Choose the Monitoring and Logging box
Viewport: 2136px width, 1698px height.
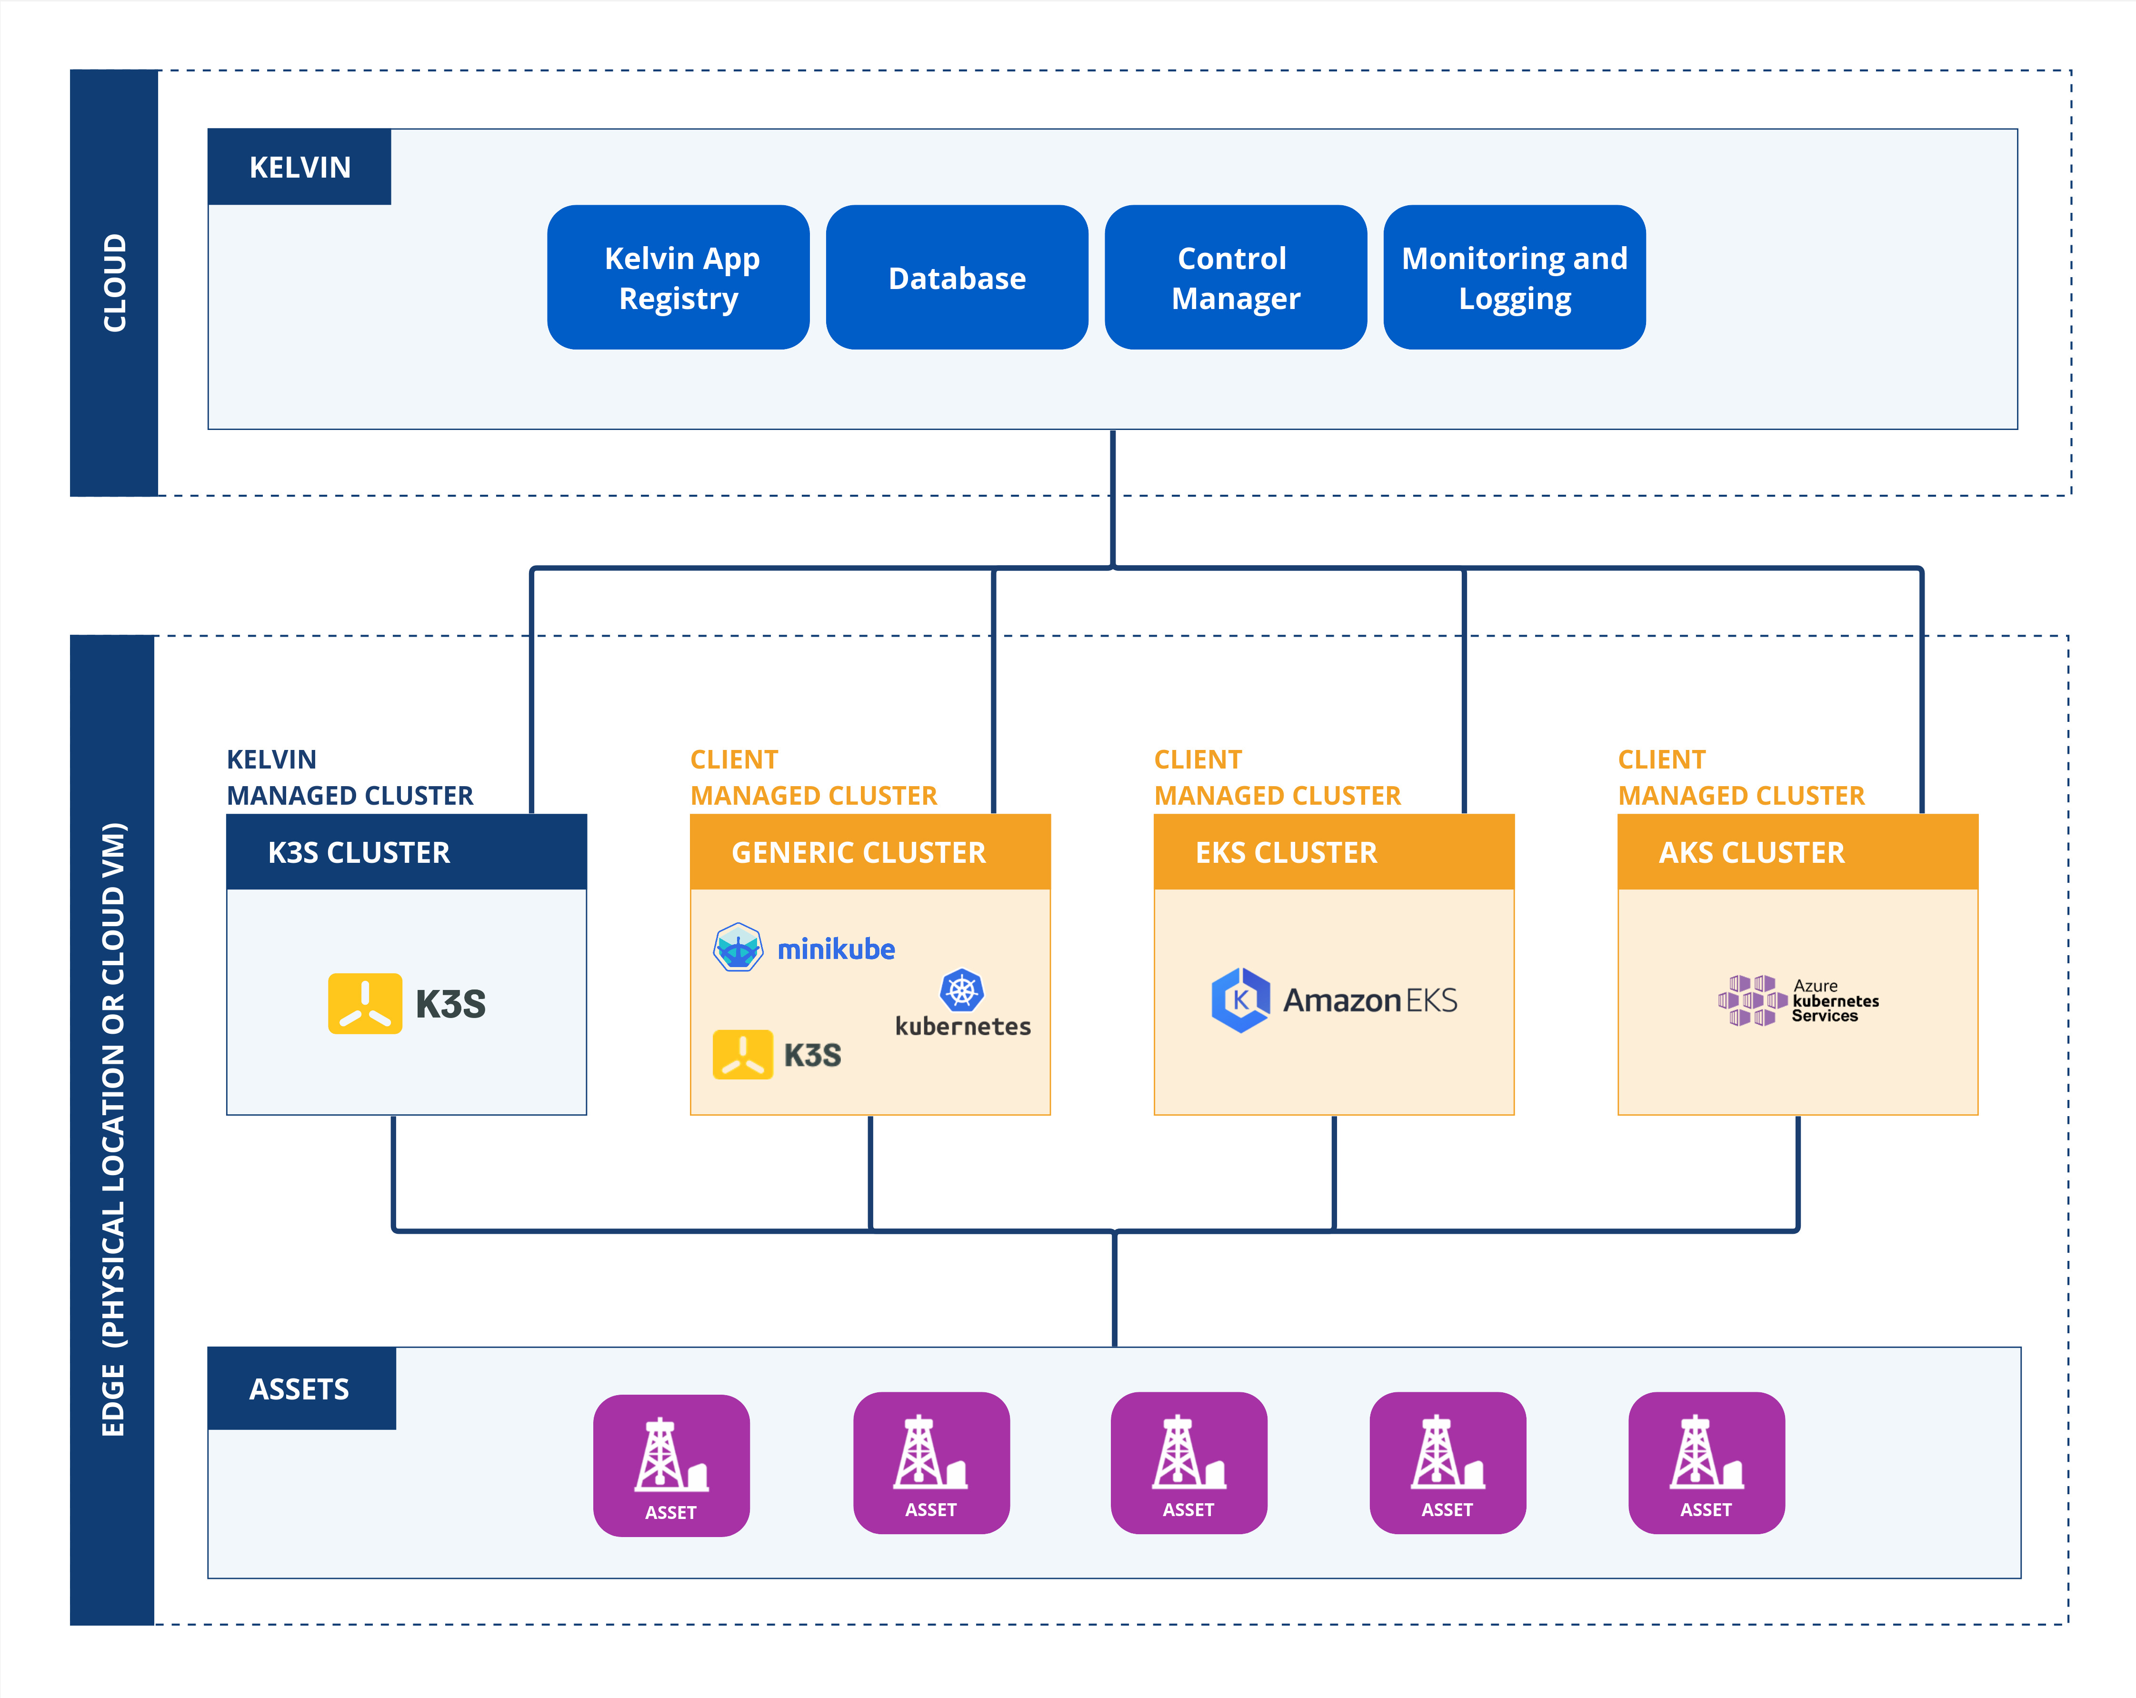pos(1514,278)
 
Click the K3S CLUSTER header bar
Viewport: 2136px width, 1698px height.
pos(406,852)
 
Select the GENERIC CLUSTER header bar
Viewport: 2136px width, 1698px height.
pos(870,852)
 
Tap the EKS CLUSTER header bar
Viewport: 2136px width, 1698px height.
pos(1334,852)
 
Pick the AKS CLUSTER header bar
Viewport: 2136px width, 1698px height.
pos(1797,852)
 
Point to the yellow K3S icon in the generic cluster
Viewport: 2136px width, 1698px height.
pos(742,1054)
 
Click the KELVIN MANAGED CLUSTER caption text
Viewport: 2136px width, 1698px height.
pos(349,778)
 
